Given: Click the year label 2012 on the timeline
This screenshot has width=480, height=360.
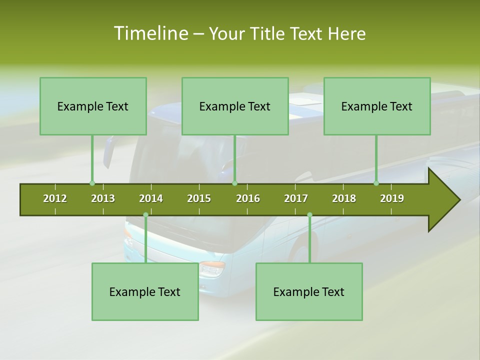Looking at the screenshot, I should (55, 198).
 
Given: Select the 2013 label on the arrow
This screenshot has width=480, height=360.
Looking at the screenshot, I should (103, 198).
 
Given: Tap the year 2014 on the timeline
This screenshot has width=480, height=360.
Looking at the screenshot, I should (151, 198).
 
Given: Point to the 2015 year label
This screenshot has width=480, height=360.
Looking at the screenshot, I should (199, 198).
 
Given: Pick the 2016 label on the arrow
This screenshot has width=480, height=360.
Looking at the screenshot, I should (248, 198).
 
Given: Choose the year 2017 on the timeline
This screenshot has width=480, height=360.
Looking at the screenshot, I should (296, 198).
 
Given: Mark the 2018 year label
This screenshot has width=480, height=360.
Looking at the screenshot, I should (344, 198).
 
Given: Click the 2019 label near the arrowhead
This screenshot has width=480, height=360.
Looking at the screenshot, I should (392, 198).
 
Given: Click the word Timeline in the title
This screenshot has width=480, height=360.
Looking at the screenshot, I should (150, 33).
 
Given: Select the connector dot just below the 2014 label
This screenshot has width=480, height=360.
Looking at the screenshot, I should (145, 215).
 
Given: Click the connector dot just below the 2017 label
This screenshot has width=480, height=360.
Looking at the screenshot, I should (309, 215).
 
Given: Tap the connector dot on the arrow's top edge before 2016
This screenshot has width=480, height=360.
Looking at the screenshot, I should (234, 183).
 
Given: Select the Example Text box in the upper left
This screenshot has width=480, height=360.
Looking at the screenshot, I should (93, 106).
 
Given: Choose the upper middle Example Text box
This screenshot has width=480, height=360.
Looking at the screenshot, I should (235, 106).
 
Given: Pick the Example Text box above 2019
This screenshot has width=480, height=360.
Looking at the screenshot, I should (377, 106).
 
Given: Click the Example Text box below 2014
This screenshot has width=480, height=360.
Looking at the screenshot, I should (145, 291).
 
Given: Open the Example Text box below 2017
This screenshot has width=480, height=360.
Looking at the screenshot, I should (309, 291).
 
